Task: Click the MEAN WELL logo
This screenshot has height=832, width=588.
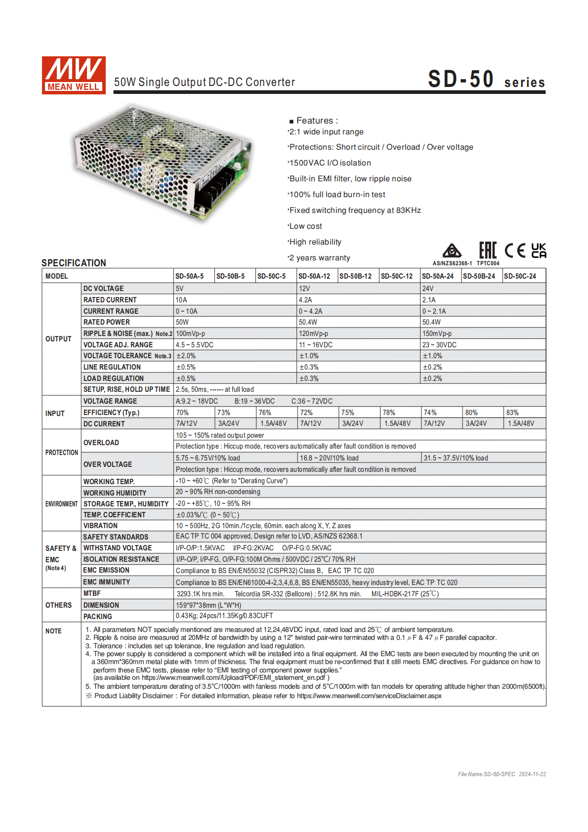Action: (74, 75)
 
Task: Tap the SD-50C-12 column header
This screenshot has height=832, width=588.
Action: (396, 276)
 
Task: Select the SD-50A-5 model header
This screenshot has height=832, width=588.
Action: (189, 276)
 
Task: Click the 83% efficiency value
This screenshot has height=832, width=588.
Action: (512, 413)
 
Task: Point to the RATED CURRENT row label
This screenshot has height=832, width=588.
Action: (110, 300)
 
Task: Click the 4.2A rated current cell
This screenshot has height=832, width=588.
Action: (305, 300)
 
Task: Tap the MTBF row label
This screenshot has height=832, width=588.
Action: (92, 593)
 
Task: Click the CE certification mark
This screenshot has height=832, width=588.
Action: (515, 250)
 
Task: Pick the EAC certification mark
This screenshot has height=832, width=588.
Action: (488, 250)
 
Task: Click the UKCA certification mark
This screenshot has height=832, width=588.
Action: (539, 250)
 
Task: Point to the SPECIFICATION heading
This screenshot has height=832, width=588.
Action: (74, 263)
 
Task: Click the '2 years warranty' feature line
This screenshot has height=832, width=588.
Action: (320, 258)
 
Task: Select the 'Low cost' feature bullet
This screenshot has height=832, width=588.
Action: (305, 226)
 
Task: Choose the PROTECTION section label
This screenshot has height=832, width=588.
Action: (62, 453)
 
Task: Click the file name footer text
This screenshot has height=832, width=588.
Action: (502, 774)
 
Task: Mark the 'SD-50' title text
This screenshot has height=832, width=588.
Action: (461, 80)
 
